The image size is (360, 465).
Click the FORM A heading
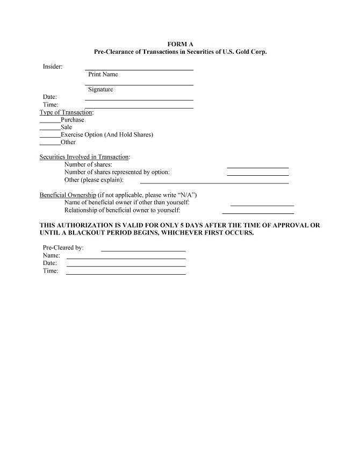point(180,44)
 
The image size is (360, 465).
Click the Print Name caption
point(103,74)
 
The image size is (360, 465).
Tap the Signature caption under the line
point(100,89)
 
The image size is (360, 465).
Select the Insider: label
point(53,67)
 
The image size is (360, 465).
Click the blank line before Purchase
point(50,122)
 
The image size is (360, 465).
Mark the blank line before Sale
point(50,130)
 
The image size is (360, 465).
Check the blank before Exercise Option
point(50,137)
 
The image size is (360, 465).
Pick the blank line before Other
point(50,145)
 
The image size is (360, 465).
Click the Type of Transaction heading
point(66,112)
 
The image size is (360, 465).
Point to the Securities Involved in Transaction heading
point(84,157)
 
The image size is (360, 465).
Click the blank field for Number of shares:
point(257,167)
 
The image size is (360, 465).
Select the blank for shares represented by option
point(257,175)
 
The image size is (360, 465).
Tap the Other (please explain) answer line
point(214,183)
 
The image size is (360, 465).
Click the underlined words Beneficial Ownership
point(68,195)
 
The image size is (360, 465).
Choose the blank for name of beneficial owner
point(262,205)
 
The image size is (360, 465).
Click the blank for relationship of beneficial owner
point(257,213)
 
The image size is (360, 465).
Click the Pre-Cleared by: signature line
point(143,251)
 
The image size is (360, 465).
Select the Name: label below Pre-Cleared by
point(52,255)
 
